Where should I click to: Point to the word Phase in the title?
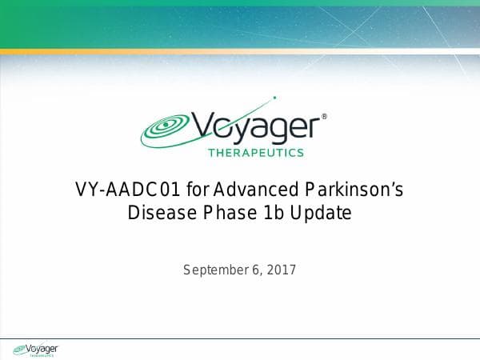pos(232,214)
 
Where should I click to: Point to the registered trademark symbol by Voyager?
pos(324,117)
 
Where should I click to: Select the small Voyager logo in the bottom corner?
pos(35,349)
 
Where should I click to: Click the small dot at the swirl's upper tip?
pos(274,98)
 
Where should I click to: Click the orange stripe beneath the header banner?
pos(240,52)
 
